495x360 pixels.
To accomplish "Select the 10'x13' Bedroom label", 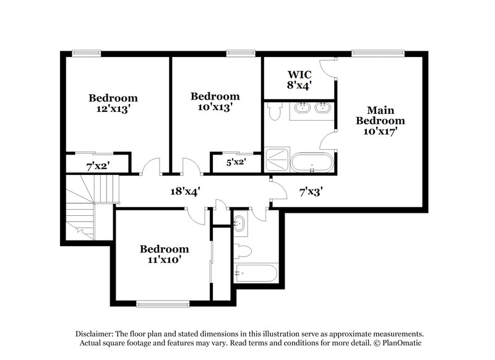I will coord(215,101).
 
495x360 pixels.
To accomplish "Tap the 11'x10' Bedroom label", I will coord(164,254).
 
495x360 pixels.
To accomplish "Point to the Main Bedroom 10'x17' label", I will coord(380,121).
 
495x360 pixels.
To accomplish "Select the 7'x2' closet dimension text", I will coord(97,165).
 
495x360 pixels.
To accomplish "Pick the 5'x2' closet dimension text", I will coord(236,163).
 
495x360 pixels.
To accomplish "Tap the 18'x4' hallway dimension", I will coord(185,192).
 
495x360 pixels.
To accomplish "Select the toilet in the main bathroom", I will coord(275,111).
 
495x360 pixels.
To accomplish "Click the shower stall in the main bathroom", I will coord(277,160).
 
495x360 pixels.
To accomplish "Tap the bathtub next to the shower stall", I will coord(312,163).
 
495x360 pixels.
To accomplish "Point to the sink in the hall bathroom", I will coord(240,223).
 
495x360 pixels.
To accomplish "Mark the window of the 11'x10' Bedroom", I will coord(162,303).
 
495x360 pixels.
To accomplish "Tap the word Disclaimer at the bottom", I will coord(97,332).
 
